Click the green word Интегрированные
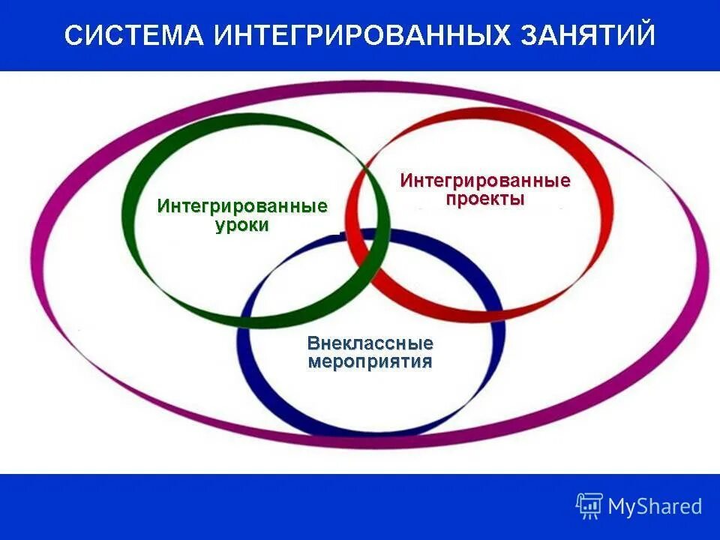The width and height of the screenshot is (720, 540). coord(242,206)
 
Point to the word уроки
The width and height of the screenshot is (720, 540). coord(241,225)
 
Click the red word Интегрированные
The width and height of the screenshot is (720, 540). coord(485,181)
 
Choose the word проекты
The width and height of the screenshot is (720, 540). coord(484,199)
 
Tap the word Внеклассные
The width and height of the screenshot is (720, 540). coord(370,343)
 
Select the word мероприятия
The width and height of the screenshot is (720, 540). coord(370,362)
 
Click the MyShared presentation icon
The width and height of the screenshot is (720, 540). coord(589,505)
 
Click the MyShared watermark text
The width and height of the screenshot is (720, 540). coord(655,506)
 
